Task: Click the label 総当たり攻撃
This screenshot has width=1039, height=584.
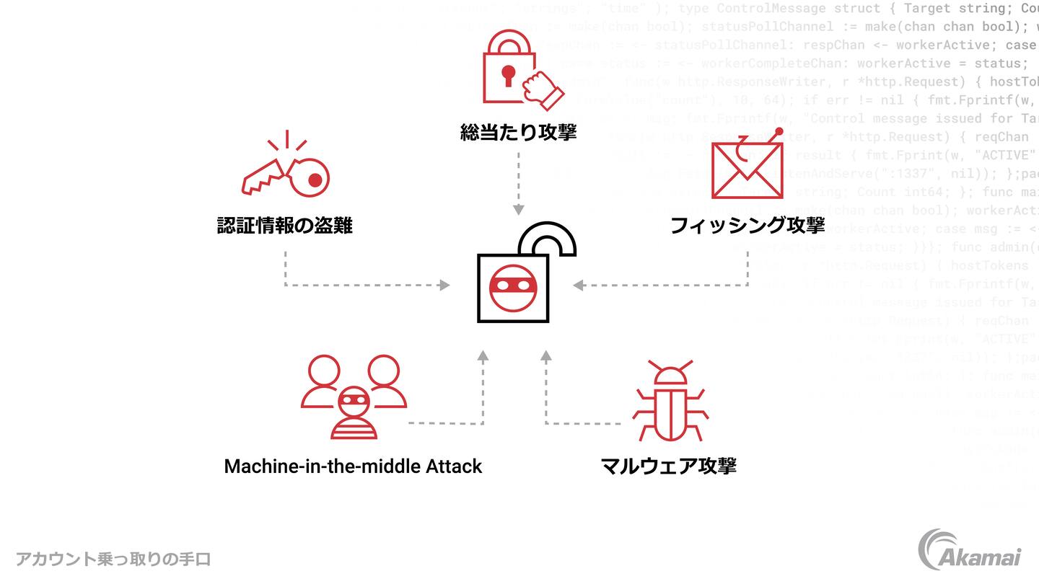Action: (x=518, y=133)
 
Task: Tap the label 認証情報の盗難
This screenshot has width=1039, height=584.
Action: (x=284, y=226)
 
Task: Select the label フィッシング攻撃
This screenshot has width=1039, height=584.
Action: (x=747, y=226)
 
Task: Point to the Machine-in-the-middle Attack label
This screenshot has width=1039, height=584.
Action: (x=353, y=466)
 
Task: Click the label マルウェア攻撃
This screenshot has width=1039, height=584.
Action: (x=668, y=466)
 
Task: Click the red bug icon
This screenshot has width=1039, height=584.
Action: (x=670, y=401)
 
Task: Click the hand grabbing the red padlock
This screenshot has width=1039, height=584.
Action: (x=543, y=89)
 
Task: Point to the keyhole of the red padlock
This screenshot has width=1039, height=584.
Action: (x=509, y=74)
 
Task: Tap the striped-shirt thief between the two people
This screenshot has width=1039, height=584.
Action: (x=354, y=412)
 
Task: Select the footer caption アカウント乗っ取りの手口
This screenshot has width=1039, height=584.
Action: (x=113, y=559)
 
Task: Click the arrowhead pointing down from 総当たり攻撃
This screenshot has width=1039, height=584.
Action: (x=518, y=210)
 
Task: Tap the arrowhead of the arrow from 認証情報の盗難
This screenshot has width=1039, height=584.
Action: (x=445, y=286)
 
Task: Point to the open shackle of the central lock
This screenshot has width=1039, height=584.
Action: (x=553, y=239)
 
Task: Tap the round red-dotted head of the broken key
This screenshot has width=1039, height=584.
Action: (x=311, y=177)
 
